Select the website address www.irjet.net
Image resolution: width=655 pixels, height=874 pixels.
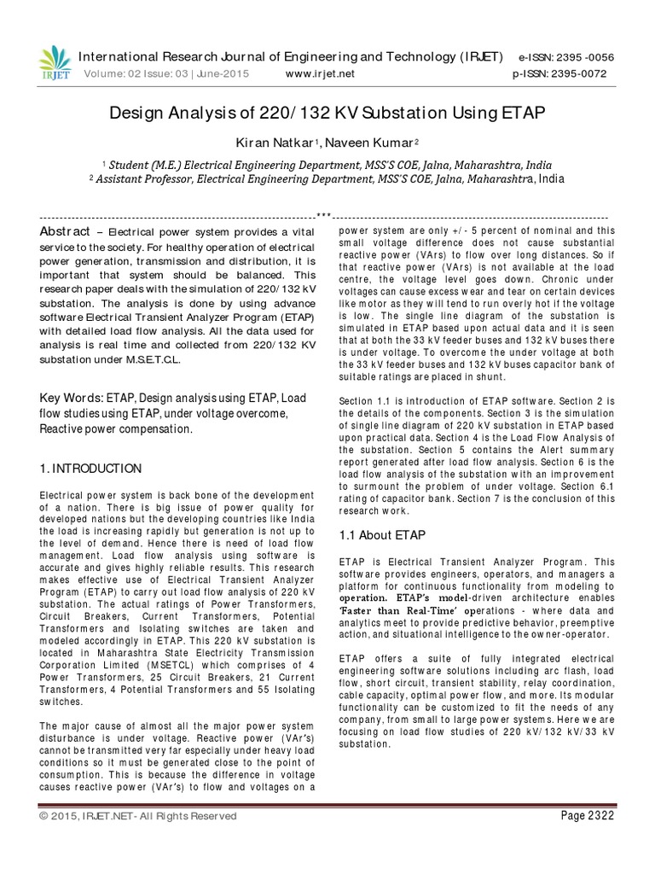[321, 73]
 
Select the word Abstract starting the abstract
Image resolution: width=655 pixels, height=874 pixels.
[66, 233]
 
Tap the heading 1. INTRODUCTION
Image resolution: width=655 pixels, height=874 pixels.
[91, 469]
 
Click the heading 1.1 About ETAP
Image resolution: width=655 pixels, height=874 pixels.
[382, 534]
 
